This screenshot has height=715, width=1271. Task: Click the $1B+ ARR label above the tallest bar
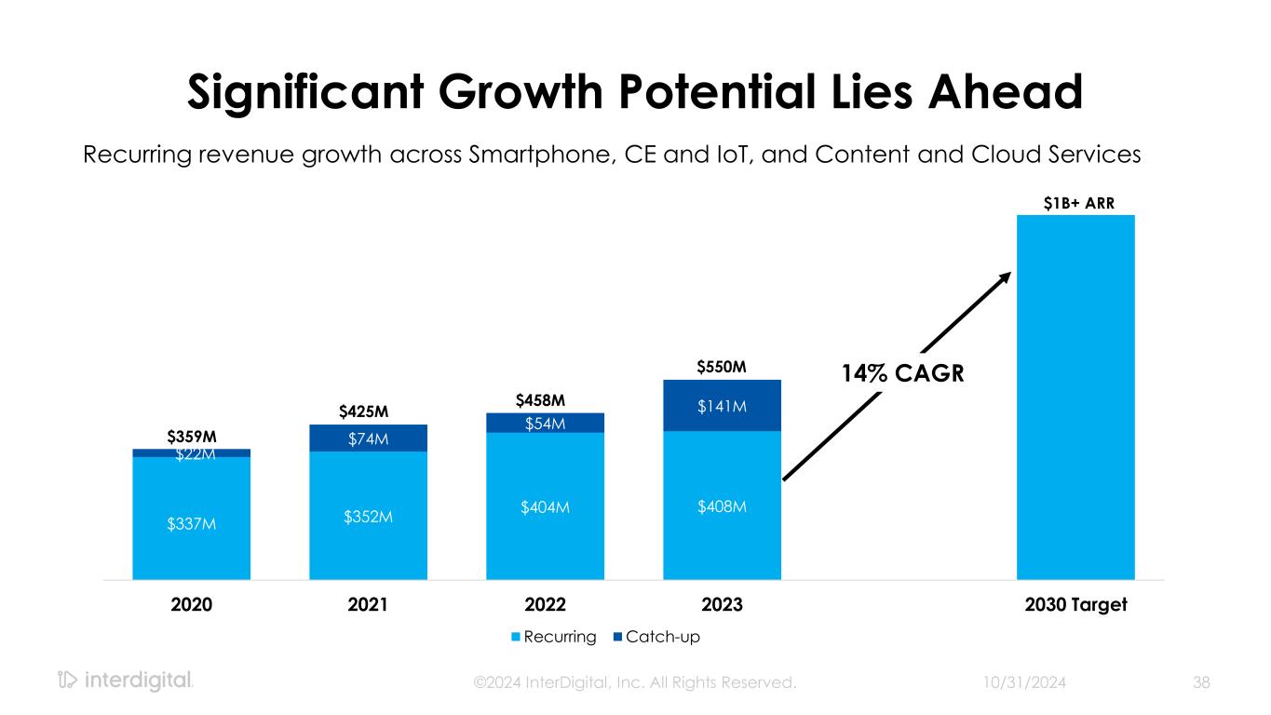point(1075,203)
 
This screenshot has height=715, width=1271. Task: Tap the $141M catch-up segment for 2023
point(722,405)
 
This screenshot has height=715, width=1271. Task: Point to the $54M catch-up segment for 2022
point(545,424)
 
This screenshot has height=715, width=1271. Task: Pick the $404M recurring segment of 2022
point(545,506)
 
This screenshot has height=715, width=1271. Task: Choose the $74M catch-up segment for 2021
point(368,438)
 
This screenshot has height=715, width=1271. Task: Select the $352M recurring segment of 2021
point(368,515)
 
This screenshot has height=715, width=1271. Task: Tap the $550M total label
point(722,368)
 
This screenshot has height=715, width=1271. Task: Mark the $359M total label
point(191,436)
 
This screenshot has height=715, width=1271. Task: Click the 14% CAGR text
point(901,374)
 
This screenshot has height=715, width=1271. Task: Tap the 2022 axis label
point(545,604)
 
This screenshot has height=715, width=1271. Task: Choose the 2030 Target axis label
point(1075,604)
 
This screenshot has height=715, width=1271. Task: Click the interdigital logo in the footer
point(125,681)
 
